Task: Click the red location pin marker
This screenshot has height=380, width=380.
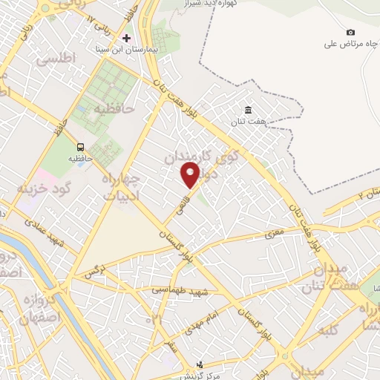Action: click(x=191, y=174)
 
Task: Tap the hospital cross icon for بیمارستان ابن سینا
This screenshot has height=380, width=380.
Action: click(x=126, y=37)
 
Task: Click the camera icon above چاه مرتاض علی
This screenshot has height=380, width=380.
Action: click(x=350, y=32)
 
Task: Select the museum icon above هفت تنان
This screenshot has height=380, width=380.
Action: click(x=258, y=111)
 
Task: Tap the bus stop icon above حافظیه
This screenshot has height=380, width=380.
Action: click(x=80, y=146)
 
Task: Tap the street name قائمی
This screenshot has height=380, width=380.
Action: click(x=183, y=200)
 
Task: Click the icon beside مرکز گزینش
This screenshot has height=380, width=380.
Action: click(x=199, y=363)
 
